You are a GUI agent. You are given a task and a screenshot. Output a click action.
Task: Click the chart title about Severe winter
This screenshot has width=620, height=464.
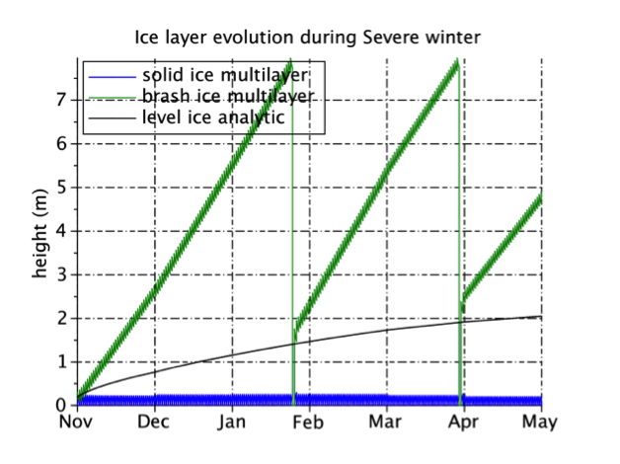[308, 38]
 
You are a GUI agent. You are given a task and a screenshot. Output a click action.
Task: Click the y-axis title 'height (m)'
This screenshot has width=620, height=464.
[39, 234]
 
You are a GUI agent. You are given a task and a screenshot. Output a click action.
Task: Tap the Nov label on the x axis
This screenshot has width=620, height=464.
[75, 422]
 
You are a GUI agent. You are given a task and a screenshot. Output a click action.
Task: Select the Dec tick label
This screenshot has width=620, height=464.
[153, 422]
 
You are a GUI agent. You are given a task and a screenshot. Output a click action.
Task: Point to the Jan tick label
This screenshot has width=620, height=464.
[232, 422]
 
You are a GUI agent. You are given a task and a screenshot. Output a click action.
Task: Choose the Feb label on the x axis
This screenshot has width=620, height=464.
[308, 422]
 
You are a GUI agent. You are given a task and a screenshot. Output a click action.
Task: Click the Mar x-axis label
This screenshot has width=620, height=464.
[385, 422]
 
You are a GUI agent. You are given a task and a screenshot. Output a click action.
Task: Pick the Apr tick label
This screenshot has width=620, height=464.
[463, 423]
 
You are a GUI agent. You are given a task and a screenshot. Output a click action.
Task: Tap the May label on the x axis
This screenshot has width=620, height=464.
[540, 423]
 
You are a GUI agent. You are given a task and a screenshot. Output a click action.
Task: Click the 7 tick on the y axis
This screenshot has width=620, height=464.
[61, 100]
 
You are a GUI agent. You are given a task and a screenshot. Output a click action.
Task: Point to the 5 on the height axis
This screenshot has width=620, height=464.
[61, 188]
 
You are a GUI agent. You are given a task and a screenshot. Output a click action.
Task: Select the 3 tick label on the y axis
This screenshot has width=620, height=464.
[61, 274]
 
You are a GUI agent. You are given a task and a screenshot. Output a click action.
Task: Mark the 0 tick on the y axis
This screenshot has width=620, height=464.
[61, 405]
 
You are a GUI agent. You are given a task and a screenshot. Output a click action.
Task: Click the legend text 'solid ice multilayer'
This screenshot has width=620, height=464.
[225, 75]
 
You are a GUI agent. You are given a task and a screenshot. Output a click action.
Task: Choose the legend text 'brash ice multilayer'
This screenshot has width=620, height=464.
[228, 96]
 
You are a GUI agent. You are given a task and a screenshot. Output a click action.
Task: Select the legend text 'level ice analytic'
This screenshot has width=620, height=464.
[213, 117]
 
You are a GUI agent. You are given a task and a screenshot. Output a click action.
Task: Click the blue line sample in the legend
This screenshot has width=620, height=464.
[113, 77]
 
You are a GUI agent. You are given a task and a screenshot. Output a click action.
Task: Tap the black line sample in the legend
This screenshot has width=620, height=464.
[113, 118]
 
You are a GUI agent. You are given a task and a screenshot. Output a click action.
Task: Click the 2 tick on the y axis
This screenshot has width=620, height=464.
[61, 318]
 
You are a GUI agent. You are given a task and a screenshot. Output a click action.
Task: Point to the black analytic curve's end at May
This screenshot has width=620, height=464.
[541, 316]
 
